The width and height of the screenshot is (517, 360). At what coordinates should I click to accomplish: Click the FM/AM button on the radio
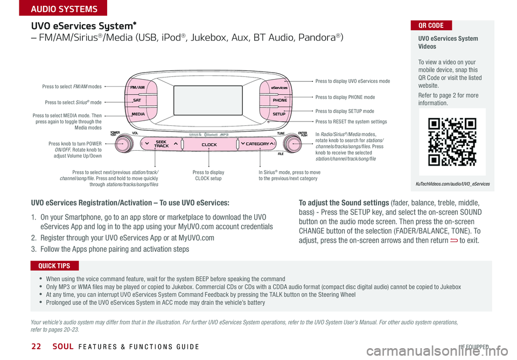coord(137,87)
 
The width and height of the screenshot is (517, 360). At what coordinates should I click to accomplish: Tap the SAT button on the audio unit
coord(137,101)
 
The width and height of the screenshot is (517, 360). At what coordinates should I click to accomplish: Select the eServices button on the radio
coord(279,87)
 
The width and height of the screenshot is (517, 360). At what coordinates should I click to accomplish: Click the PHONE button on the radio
coord(280,100)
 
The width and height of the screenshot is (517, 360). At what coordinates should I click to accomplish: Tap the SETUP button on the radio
coord(279,114)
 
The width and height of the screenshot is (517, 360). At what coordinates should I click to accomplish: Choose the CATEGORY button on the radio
coord(257,144)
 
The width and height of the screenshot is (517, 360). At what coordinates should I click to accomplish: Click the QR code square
coord(452,141)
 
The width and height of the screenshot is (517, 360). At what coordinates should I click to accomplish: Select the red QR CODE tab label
coord(430,25)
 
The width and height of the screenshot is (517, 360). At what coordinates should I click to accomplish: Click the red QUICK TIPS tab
coord(55,265)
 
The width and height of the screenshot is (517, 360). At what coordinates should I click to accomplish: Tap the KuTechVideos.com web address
coord(453,183)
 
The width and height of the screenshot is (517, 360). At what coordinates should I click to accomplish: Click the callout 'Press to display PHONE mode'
coord(345,97)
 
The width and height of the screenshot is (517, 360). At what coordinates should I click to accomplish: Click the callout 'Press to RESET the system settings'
coord(351,122)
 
